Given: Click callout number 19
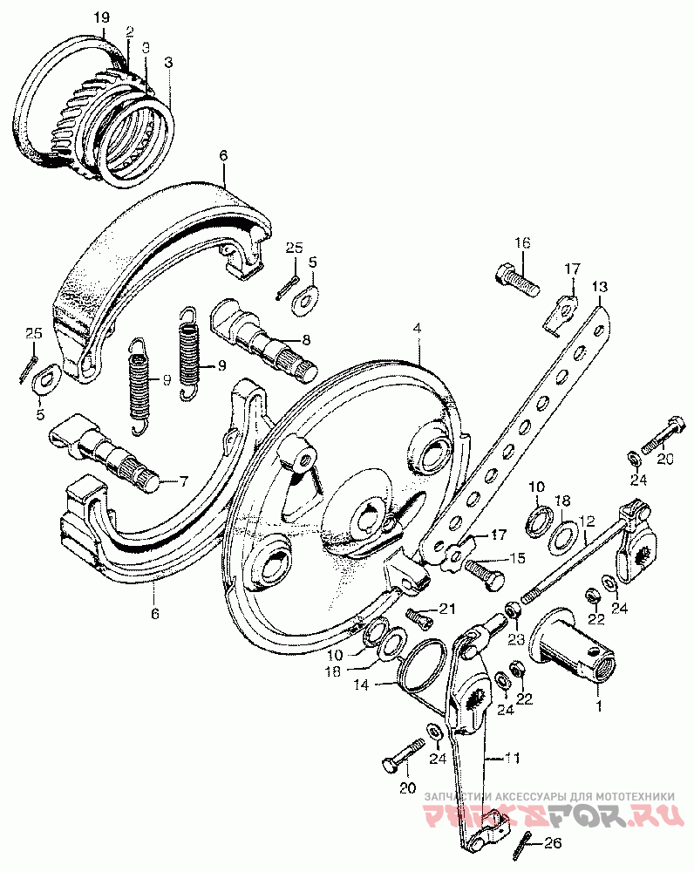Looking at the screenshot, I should click(x=101, y=17).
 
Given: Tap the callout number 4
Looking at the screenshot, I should click(x=418, y=329).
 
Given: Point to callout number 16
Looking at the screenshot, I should click(x=521, y=242).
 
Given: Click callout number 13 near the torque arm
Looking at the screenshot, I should click(x=599, y=287).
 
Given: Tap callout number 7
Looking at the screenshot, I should click(x=184, y=480).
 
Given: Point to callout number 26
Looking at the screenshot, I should click(x=554, y=843).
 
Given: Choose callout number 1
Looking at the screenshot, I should click(x=598, y=701).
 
